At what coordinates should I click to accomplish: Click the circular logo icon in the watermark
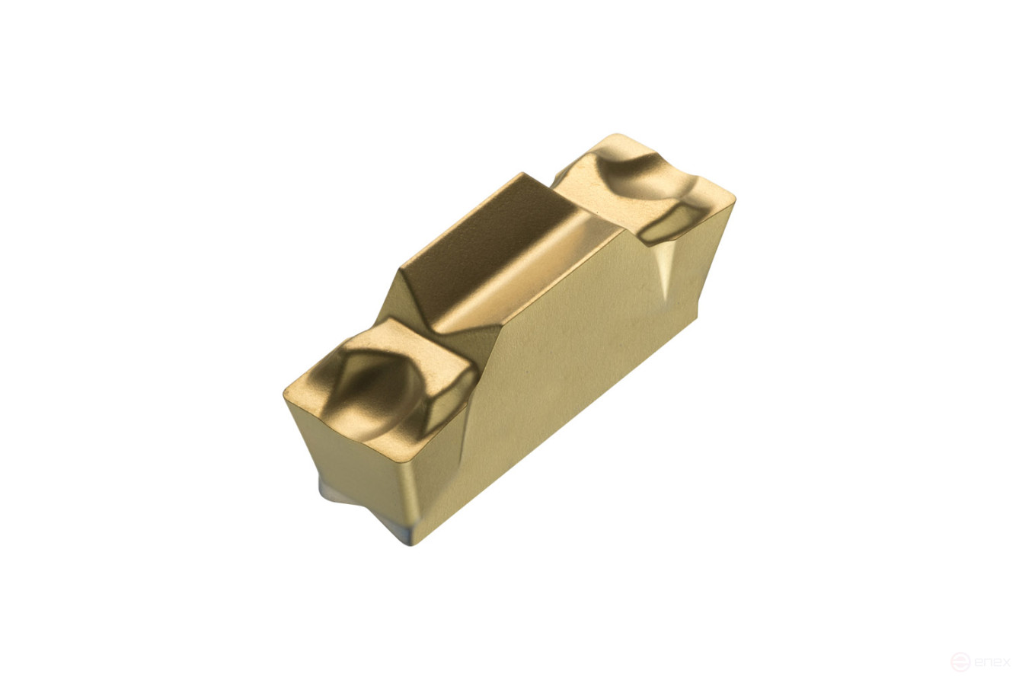pos(960,661)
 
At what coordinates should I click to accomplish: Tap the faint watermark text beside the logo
pos(992,661)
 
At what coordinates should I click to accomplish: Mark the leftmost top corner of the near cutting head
pos(286,392)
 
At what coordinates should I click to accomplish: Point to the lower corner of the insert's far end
pos(696,312)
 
